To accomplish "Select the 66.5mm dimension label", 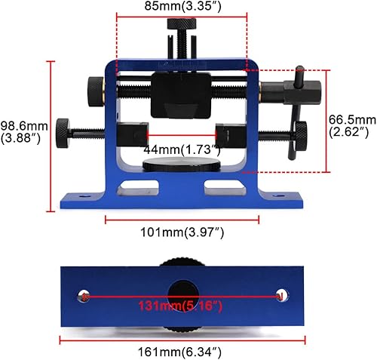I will (x=352, y=125).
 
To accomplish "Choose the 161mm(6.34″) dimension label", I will (x=182, y=350).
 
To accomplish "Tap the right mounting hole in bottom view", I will (x=282, y=294).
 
